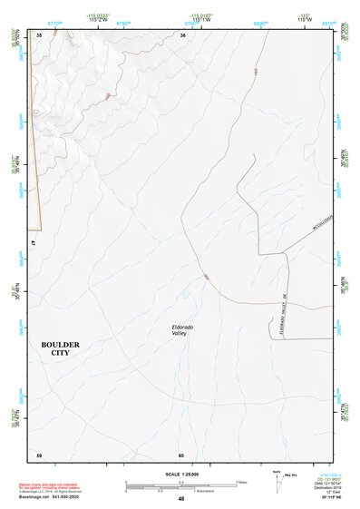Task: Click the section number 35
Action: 39,34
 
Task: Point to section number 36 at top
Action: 182,34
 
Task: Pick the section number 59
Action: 39,454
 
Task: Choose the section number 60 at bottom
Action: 181,454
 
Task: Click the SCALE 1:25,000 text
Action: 180,473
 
